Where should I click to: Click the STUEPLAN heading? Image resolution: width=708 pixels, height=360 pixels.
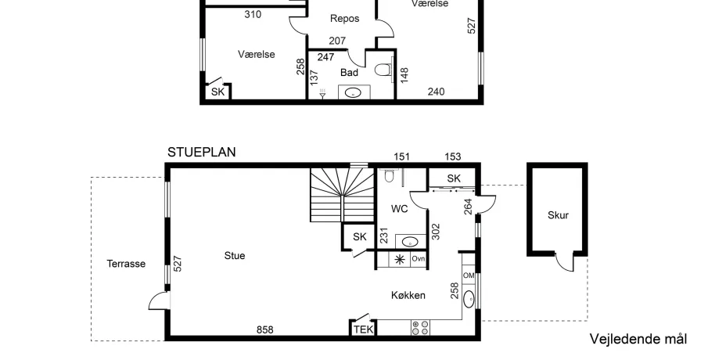[201, 153]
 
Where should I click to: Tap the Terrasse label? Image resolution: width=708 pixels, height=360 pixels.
[126, 264]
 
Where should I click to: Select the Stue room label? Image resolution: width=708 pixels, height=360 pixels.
[235, 256]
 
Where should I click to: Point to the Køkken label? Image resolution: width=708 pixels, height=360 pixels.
[408, 295]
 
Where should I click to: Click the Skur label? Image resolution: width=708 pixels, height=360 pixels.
[558, 215]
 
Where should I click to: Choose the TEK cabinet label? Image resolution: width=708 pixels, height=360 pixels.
[364, 329]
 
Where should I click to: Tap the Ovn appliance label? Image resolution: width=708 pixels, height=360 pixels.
[418, 259]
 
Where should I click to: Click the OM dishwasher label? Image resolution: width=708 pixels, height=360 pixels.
[469, 275]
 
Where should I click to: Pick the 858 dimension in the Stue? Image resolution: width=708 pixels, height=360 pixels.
[265, 329]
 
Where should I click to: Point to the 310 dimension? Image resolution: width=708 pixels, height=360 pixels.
[253, 14]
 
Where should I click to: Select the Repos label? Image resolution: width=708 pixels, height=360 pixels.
[344, 19]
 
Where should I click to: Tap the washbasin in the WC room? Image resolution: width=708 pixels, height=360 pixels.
[410, 242]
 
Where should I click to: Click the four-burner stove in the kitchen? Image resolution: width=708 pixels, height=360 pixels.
[420, 328]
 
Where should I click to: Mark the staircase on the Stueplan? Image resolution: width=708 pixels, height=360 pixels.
[342, 195]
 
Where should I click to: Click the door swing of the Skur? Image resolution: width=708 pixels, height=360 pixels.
[564, 262]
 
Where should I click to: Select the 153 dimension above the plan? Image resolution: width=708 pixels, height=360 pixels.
[453, 157]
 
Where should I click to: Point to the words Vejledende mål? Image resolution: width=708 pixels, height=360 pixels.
[638, 339]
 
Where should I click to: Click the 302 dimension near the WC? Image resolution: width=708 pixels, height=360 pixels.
[436, 232]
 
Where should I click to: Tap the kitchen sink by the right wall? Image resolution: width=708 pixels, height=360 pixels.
[469, 299]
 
